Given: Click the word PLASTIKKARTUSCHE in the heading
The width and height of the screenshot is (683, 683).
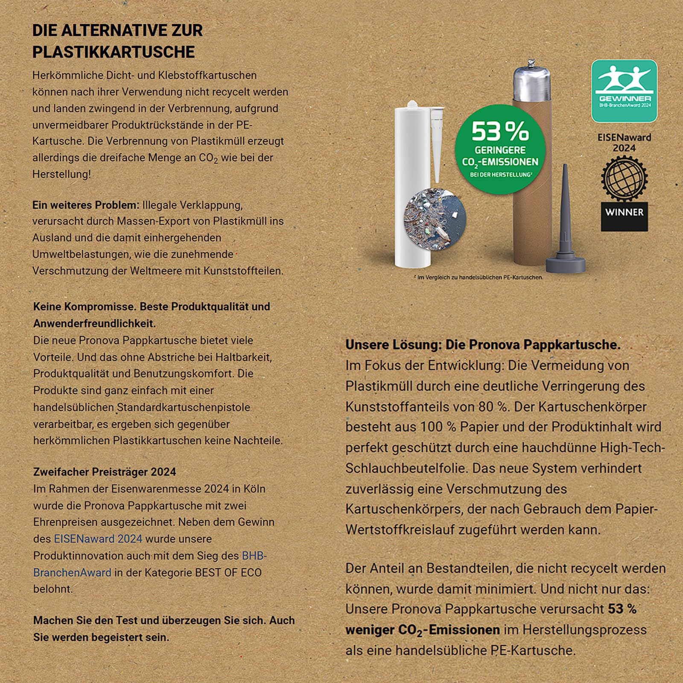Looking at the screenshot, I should click(x=114, y=52).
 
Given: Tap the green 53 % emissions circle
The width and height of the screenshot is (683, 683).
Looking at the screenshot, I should click(x=500, y=149).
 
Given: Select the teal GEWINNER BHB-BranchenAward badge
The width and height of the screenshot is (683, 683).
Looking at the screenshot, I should click(x=624, y=91).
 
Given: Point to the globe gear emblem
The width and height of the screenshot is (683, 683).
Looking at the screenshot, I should click(x=624, y=178).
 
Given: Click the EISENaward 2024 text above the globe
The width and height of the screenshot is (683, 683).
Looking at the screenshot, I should click(x=624, y=143).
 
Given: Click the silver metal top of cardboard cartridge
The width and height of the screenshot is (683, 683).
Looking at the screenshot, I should click(x=531, y=83).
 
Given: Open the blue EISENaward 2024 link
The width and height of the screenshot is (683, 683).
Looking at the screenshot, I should click(x=98, y=539).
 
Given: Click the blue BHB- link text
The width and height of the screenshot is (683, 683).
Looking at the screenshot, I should click(x=254, y=556).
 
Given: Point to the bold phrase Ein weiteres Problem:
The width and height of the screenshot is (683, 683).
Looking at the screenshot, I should click(x=86, y=205).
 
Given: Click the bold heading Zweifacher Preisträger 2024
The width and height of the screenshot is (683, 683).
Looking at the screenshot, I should click(x=105, y=472).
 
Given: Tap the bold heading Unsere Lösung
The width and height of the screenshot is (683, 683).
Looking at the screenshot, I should click(x=483, y=345).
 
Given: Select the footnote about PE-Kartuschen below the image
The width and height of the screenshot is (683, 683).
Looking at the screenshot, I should click(x=478, y=277).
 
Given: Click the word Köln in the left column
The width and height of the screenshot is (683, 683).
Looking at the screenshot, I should click(x=255, y=489).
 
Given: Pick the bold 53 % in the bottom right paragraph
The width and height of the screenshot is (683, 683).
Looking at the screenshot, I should click(x=622, y=609).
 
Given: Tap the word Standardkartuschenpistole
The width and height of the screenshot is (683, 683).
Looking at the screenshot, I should click(x=184, y=407).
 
